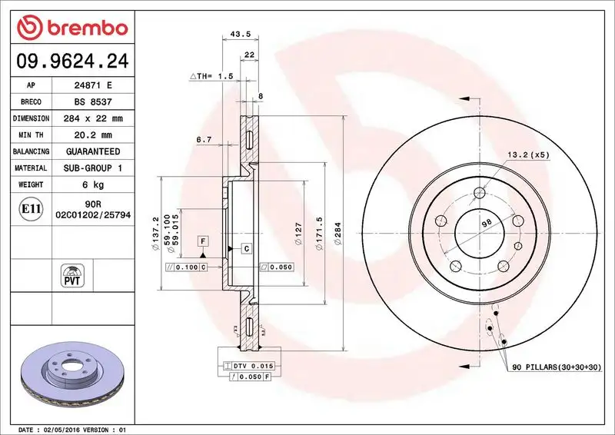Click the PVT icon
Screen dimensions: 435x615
(72, 274)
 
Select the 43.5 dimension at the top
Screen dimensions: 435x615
(241, 34)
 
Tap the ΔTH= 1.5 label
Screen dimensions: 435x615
(211, 77)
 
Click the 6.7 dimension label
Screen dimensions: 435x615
(204, 139)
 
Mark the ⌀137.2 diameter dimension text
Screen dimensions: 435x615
(156, 234)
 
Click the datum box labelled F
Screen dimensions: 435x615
(203, 241)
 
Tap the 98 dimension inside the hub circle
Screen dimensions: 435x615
(485, 223)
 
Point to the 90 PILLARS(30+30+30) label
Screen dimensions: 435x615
(557, 369)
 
